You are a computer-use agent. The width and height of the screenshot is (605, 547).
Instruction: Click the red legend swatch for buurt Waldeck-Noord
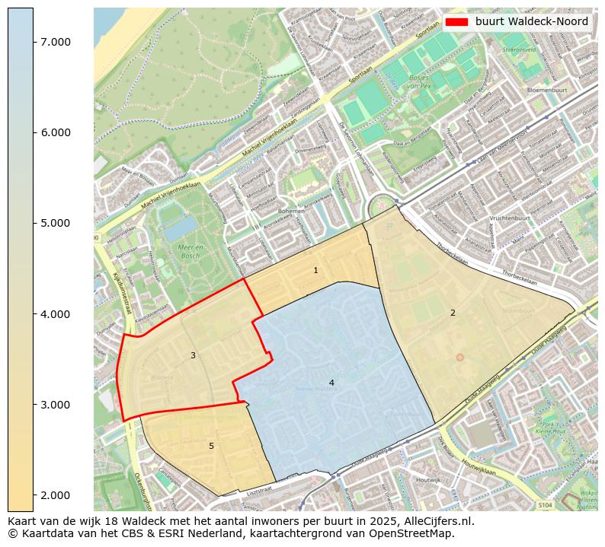tap(456, 21)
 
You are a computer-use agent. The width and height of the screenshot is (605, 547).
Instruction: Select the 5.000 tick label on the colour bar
tap(56, 223)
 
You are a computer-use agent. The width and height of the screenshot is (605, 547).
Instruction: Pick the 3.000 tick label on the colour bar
tap(56, 404)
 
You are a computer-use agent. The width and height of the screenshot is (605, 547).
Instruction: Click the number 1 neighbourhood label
tap(315, 271)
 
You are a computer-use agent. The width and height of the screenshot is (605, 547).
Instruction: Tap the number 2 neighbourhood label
tap(453, 313)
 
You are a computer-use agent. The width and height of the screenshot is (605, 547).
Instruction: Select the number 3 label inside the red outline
tap(193, 355)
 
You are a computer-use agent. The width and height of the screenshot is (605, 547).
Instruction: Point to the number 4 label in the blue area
tap(331, 383)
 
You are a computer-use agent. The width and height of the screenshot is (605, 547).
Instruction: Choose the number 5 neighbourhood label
tap(211, 446)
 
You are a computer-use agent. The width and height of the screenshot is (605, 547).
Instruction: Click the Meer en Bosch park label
tap(187, 252)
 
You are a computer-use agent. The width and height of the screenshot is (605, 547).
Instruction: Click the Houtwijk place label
tap(428, 480)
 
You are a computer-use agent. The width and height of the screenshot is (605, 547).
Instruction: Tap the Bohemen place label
tap(292, 211)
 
